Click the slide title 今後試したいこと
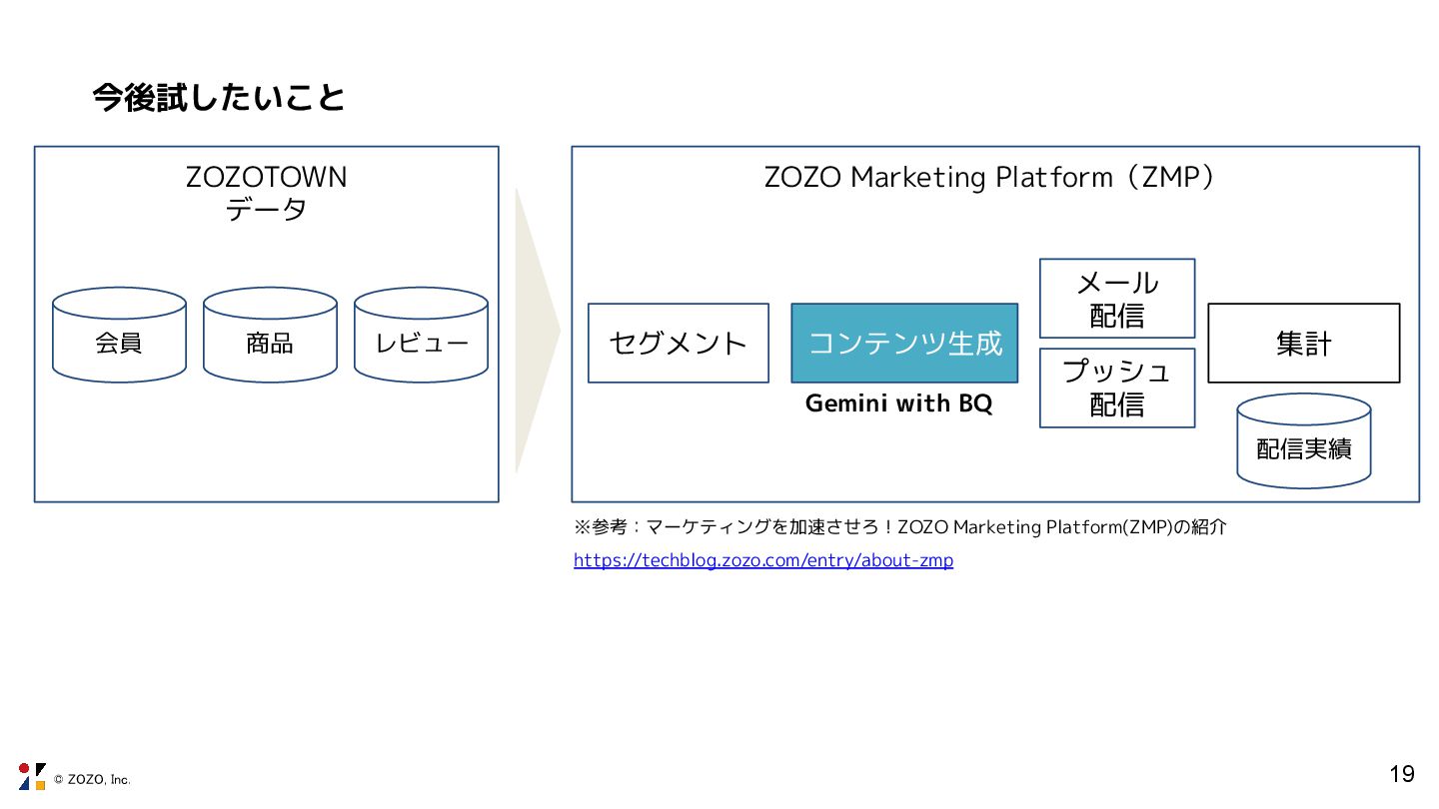click(219, 98)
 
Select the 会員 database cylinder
click(119, 336)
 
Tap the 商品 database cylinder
click(270, 336)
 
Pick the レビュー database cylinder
click(421, 336)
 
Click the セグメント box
click(679, 343)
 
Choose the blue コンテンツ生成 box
click(904, 343)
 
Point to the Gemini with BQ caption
click(899, 404)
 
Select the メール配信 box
click(1117, 299)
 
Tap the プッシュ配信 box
click(1117, 388)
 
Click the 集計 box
click(1304, 343)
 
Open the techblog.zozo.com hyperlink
click(763, 560)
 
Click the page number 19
click(1402, 773)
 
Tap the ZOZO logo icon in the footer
click(32, 776)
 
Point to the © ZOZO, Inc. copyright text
click(92, 780)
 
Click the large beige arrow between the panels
click(534, 330)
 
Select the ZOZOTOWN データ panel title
click(267, 194)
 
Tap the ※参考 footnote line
click(899, 527)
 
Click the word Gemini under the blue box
click(839, 404)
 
